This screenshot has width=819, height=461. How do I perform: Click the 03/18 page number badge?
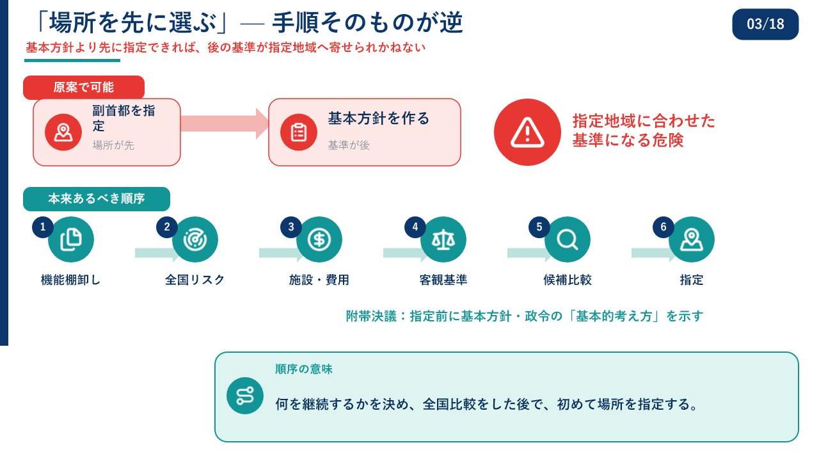click(765, 24)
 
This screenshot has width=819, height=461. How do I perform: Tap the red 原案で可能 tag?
click(84, 87)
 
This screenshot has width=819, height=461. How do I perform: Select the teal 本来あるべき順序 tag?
click(97, 198)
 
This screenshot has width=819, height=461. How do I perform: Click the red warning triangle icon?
click(527, 132)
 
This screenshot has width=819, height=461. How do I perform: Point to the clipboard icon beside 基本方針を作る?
click(299, 132)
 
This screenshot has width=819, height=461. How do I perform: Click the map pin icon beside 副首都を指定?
click(63, 132)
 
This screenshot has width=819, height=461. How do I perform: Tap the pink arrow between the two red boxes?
click(225, 124)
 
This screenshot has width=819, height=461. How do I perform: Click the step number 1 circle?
click(43, 227)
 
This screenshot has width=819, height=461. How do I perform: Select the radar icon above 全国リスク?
click(195, 239)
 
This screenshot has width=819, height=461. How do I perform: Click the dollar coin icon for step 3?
click(319, 239)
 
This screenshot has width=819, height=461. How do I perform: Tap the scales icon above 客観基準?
click(443, 239)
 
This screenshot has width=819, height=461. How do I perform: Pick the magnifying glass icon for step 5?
click(568, 239)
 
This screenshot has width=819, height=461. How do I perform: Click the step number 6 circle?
click(664, 227)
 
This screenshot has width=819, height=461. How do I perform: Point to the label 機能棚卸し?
click(70, 280)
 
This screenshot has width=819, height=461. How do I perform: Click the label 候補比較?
click(568, 280)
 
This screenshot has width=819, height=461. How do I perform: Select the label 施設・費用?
click(319, 280)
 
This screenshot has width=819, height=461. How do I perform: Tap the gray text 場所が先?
click(113, 145)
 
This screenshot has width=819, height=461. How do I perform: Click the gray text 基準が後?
click(349, 145)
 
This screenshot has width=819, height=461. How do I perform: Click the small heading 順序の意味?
click(304, 369)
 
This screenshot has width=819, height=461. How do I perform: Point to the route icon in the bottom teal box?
click(245, 396)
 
